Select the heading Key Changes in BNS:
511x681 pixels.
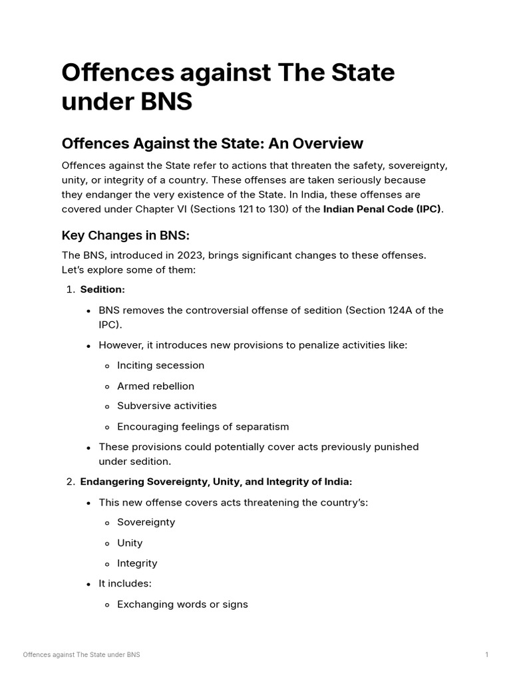click(x=126, y=235)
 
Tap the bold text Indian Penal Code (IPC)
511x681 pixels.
click(x=383, y=209)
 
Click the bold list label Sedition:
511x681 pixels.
click(x=102, y=289)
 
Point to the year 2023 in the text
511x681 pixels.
click(x=190, y=255)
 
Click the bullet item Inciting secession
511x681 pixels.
click(x=160, y=365)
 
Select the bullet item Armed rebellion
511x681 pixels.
click(x=156, y=386)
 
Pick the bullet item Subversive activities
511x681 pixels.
click(x=167, y=406)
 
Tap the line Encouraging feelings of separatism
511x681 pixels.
click(x=203, y=426)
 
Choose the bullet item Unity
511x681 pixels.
click(x=130, y=543)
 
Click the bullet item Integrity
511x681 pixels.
click(x=137, y=563)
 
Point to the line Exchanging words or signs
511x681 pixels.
click(x=182, y=605)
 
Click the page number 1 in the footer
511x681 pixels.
click(x=487, y=655)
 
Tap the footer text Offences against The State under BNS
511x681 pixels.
click(x=81, y=655)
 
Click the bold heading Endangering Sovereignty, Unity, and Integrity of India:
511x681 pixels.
click(x=216, y=481)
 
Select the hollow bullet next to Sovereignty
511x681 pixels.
click(x=108, y=523)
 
